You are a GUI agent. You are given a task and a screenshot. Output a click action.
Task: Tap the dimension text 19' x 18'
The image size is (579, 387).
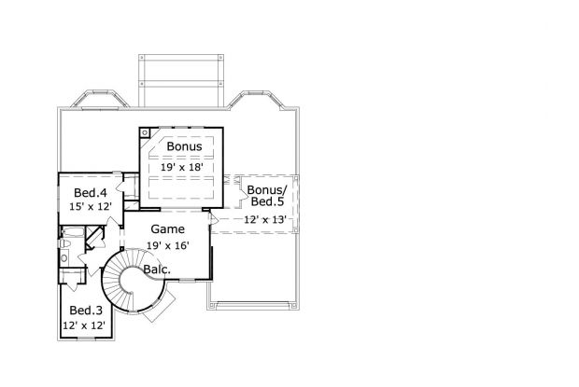click(x=182, y=166)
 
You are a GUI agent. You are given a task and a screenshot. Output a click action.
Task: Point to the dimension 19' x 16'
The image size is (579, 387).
click(x=168, y=245)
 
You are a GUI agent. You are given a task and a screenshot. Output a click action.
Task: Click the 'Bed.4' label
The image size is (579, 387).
click(x=90, y=193)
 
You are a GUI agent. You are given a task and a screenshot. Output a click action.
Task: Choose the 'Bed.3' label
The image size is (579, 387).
click(x=85, y=310)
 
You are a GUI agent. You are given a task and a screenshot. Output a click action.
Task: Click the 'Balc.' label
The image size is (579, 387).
click(x=156, y=270)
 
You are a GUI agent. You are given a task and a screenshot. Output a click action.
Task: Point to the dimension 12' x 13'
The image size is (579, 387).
click(x=264, y=220)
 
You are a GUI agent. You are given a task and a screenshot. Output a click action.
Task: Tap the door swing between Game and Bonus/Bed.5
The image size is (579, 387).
click(x=214, y=218)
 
